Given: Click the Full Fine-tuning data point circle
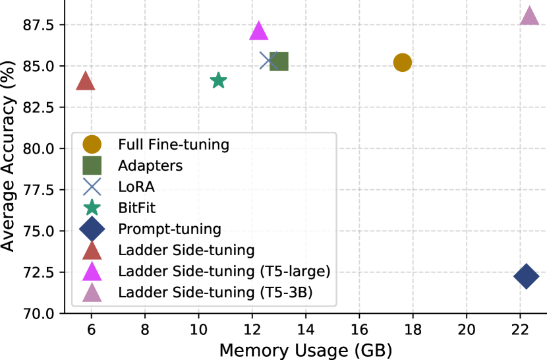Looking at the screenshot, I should click(403, 63).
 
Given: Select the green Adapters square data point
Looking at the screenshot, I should click(279, 61).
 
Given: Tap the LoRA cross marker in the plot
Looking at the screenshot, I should click(268, 61).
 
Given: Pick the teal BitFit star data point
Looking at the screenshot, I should click(218, 80).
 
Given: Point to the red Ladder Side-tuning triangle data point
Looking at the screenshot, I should click(86, 82).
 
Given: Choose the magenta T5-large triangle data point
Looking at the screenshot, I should click(258, 32).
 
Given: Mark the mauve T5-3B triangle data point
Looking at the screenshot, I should click(529, 17).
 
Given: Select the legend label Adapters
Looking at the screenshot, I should click(150, 165).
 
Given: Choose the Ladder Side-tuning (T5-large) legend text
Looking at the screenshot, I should click(222, 272).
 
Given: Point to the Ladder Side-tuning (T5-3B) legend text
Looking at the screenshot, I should click(215, 293).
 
